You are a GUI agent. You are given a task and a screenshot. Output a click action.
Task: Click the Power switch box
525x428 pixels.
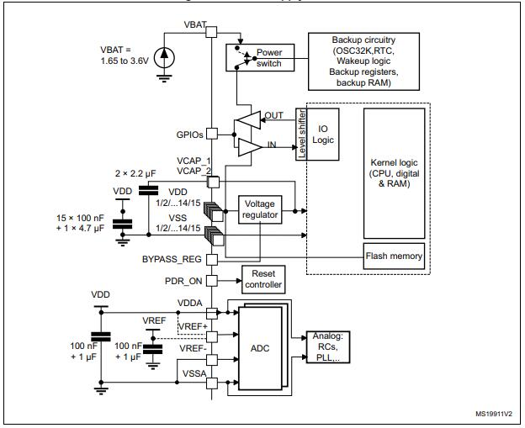pyautogui.click(x=262, y=57)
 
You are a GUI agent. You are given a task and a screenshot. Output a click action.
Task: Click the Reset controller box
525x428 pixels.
pyautogui.click(x=262, y=278)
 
